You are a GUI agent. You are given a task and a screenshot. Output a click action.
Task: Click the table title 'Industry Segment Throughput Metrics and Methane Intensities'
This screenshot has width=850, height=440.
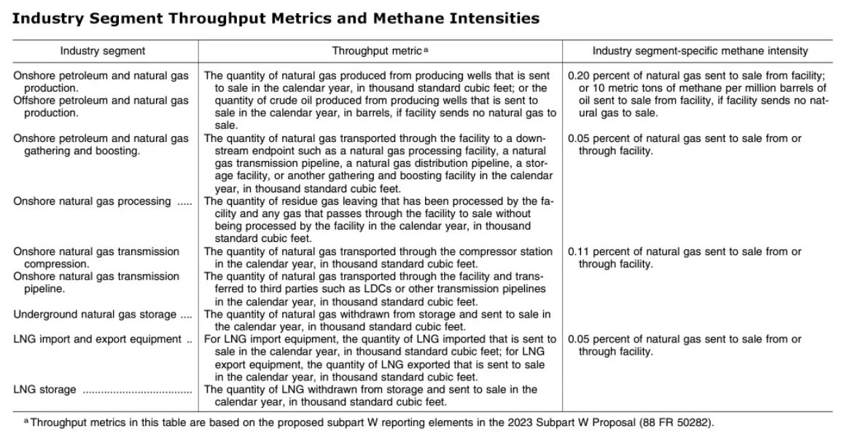tap(276, 19)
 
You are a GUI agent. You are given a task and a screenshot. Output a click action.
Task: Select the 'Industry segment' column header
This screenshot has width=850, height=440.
tap(102, 51)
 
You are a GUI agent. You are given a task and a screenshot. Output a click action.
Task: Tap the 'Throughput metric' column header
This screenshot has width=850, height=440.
tap(377, 51)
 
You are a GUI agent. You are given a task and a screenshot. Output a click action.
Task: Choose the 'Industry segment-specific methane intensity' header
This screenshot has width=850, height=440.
tap(700, 51)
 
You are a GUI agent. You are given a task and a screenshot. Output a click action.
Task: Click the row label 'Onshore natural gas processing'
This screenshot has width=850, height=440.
tap(92, 201)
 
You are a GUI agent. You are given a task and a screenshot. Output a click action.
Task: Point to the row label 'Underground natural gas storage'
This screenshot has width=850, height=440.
tap(95, 314)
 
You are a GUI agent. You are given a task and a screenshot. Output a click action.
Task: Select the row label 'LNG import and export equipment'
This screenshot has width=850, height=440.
tap(97, 339)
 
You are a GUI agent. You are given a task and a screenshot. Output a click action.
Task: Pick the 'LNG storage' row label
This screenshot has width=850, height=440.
tap(44, 389)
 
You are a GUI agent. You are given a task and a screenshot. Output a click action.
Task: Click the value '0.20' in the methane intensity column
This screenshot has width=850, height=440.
tap(579, 76)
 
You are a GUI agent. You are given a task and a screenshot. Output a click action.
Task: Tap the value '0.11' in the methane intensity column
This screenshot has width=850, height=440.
tap(579, 251)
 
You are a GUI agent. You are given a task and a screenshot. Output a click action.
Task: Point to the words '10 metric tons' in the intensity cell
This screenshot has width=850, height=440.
tap(615, 88)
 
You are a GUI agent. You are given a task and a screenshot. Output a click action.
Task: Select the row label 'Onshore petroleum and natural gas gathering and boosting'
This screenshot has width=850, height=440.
tap(101, 144)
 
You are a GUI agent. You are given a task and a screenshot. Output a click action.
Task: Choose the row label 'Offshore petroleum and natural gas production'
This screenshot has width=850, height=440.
tap(101, 106)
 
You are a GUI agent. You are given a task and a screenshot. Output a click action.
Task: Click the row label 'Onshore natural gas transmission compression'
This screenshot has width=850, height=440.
tap(95, 257)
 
